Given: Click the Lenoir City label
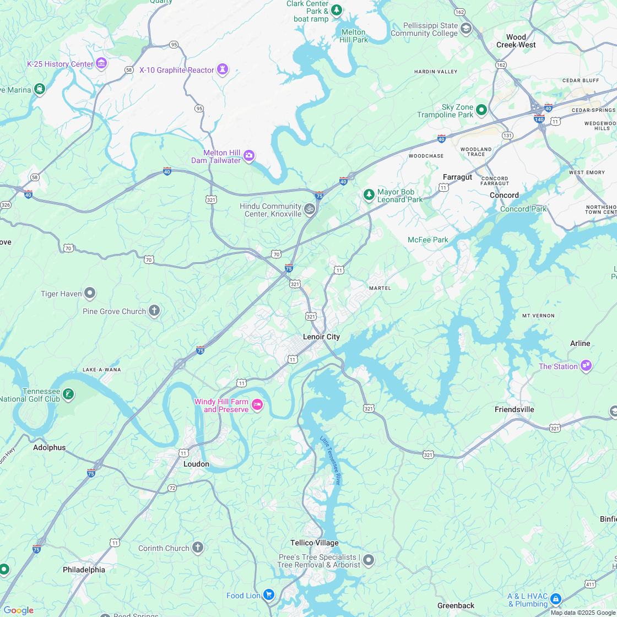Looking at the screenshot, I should [321, 337].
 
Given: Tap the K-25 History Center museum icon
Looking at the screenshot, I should [101, 64].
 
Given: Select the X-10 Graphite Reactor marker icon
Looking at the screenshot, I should [223, 69].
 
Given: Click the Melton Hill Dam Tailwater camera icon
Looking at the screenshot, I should [249, 156].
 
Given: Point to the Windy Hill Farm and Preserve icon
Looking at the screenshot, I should [257, 405].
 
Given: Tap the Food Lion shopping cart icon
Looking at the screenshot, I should [268, 594].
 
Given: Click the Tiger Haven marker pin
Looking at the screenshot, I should [90, 293].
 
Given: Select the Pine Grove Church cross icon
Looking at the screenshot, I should [154, 311].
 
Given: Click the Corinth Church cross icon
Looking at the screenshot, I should [197, 548].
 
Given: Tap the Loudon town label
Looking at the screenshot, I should [196, 464].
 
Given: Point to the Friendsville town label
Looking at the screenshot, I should [514, 409].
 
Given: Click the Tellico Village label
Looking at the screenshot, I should [315, 543].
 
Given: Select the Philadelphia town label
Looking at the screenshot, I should [84, 570].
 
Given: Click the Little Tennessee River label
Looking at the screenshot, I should [331, 460].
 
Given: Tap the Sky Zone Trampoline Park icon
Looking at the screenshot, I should [481, 110].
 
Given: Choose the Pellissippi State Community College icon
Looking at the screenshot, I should [466, 29].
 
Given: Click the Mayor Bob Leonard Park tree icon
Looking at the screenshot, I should [369, 194].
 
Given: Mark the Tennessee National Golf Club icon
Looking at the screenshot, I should [68, 394].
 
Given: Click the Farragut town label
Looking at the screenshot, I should [457, 177].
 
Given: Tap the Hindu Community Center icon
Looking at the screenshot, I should [310, 209].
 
